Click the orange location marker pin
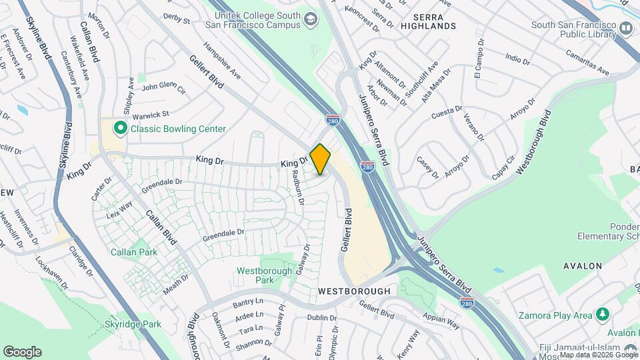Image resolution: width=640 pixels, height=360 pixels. point(321,159)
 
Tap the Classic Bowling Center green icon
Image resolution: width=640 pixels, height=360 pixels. point(121,128)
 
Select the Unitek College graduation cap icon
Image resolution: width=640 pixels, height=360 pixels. point(310,19)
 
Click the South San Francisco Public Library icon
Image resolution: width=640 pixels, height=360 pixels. point(625,28)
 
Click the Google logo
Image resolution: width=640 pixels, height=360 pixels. point(22,352)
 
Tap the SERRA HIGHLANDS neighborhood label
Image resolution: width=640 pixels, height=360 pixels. point(429,26)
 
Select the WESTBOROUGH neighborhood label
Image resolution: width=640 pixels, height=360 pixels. point(354,291)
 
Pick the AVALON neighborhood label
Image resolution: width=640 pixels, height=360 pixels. point(583,266)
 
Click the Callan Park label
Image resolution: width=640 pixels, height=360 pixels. point(134,253)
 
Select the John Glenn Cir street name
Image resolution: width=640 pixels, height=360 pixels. point(163,87)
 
